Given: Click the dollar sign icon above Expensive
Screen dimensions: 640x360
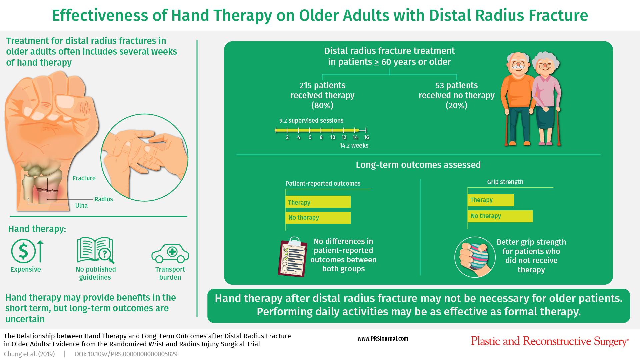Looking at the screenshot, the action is point(23,251).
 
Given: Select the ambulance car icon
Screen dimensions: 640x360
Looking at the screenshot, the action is point(170,253).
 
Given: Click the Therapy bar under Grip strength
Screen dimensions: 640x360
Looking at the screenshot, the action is point(491,200).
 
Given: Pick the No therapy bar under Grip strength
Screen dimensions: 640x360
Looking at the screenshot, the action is point(500,216).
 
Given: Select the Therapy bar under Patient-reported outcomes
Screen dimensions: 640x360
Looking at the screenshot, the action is point(318,202).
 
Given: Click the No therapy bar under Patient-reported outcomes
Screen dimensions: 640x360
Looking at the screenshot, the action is point(318,218).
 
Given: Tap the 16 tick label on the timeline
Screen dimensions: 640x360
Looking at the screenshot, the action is point(366,137).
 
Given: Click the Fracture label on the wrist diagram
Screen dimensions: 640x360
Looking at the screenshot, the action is point(84,178).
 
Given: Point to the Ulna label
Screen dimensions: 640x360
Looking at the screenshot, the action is point(81,206).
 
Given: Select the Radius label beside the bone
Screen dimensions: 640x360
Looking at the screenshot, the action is point(104,199).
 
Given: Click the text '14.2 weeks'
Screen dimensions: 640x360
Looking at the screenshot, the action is point(354,146).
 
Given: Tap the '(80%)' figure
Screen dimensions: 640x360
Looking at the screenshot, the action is point(322,106).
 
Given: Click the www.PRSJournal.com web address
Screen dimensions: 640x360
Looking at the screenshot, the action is point(383,339).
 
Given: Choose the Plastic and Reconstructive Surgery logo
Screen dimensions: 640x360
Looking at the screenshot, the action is point(550,341).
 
